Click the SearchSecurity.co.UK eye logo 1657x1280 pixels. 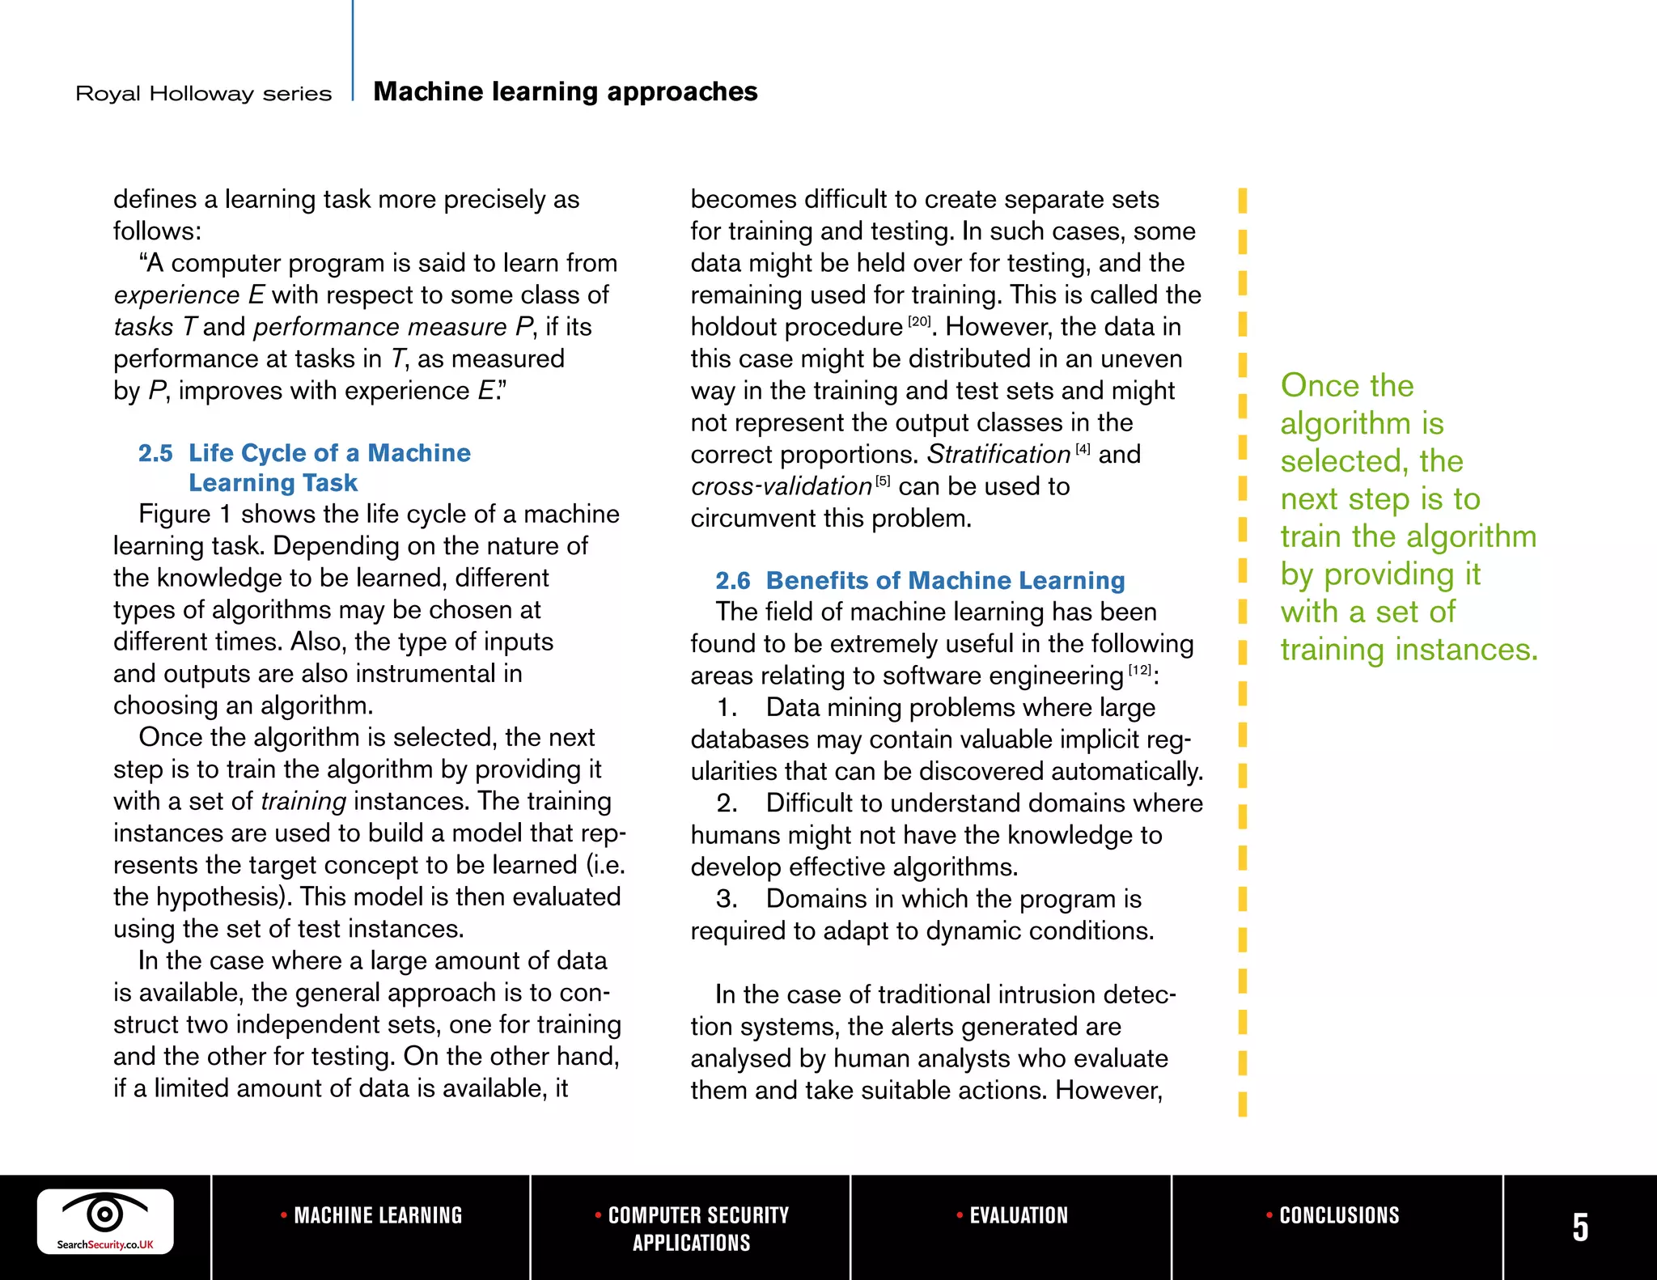coord(105,1221)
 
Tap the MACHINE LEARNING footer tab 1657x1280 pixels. coord(371,1215)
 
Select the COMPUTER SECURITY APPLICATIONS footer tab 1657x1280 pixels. coord(692,1228)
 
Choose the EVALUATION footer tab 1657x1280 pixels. coord(1012,1215)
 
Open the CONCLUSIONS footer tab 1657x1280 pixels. coord(1333,1215)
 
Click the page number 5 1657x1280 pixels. coord(1579,1227)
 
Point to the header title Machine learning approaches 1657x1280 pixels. coord(565,91)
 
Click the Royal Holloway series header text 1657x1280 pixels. coord(203,94)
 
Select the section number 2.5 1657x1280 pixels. coord(155,453)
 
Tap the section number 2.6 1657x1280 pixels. coord(732,581)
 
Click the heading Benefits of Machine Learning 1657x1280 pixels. coord(945,581)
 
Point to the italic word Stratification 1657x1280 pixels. coord(998,455)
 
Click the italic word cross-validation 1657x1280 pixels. coord(781,486)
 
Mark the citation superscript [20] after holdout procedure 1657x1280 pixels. coord(919,321)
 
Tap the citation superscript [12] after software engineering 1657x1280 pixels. coord(1139,670)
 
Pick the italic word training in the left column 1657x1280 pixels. coord(303,801)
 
